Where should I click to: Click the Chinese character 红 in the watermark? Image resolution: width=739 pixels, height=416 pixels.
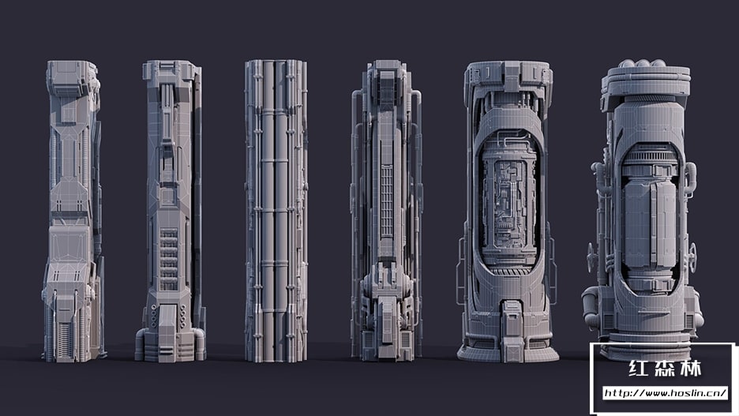[639, 369]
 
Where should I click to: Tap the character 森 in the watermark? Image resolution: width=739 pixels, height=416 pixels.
[665, 369]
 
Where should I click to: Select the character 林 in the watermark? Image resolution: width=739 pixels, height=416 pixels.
[691, 369]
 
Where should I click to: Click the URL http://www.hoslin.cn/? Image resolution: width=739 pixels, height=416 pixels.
[665, 393]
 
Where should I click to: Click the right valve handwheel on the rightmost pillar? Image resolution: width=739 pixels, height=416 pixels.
[692, 257]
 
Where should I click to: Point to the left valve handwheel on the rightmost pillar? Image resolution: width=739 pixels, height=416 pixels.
[591, 257]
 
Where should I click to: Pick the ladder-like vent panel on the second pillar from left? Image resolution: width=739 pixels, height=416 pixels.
[168, 259]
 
